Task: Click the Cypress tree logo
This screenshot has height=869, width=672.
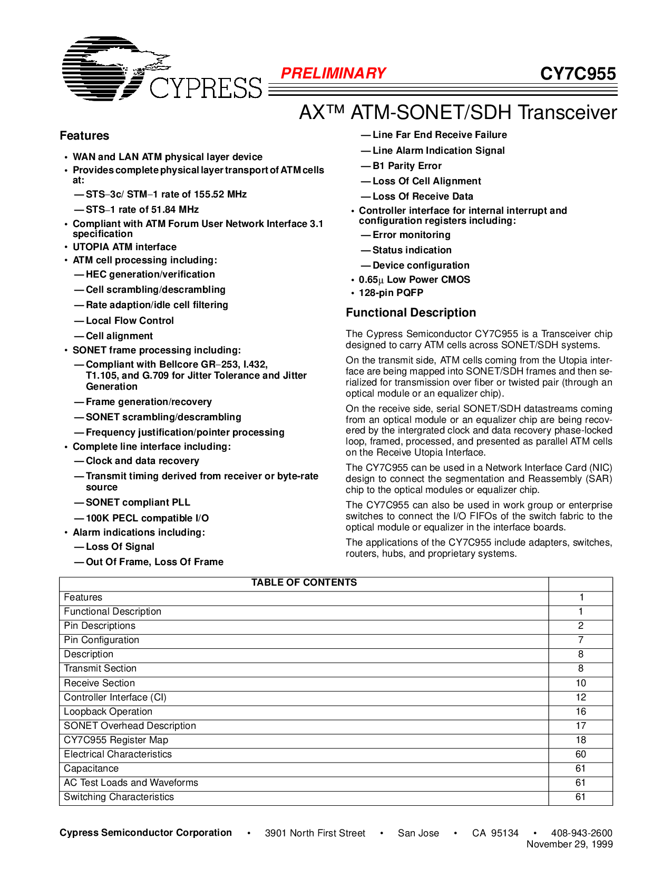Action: (113, 68)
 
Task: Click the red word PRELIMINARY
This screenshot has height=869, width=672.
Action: (333, 73)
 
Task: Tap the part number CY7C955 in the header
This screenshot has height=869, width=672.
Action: (578, 74)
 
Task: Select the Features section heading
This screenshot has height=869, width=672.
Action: (84, 136)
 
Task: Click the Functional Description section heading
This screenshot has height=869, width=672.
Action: (411, 313)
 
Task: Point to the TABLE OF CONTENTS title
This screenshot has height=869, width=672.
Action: (304, 582)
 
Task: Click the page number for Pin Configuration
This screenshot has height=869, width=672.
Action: (580, 640)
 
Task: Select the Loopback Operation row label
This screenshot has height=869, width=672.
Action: (108, 712)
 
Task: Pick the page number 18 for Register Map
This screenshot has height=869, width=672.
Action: (580, 740)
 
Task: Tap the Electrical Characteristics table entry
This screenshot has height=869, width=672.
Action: (118, 754)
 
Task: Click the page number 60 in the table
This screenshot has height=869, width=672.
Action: (580, 754)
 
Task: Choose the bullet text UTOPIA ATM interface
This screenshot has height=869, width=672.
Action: (124, 247)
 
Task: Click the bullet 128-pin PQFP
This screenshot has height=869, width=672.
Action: (391, 293)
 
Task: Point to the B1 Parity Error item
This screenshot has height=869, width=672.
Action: (407, 166)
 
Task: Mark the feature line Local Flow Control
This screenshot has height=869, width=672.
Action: (130, 321)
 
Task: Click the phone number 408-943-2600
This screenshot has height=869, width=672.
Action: (581, 833)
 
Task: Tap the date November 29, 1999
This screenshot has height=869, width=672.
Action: (569, 844)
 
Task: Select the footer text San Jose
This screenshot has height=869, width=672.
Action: (418, 833)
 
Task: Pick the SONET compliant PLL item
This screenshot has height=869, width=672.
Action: (138, 502)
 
